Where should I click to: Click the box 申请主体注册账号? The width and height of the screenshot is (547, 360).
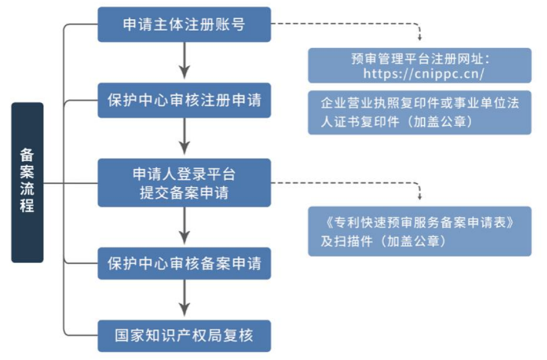[184, 25]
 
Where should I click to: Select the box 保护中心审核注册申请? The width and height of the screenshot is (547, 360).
[184, 99]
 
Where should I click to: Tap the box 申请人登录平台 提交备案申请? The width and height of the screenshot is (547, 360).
[184, 183]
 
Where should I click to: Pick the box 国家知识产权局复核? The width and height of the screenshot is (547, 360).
[184, 336]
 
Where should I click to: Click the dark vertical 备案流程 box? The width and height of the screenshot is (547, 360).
[28, 182]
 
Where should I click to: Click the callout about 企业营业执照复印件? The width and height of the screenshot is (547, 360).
[420, 112]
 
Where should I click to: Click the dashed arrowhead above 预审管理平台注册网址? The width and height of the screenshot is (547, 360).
[420, 36]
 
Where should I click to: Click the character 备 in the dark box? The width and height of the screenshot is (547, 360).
[28, 154]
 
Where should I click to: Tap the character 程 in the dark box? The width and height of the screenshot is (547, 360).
[28, 206]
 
